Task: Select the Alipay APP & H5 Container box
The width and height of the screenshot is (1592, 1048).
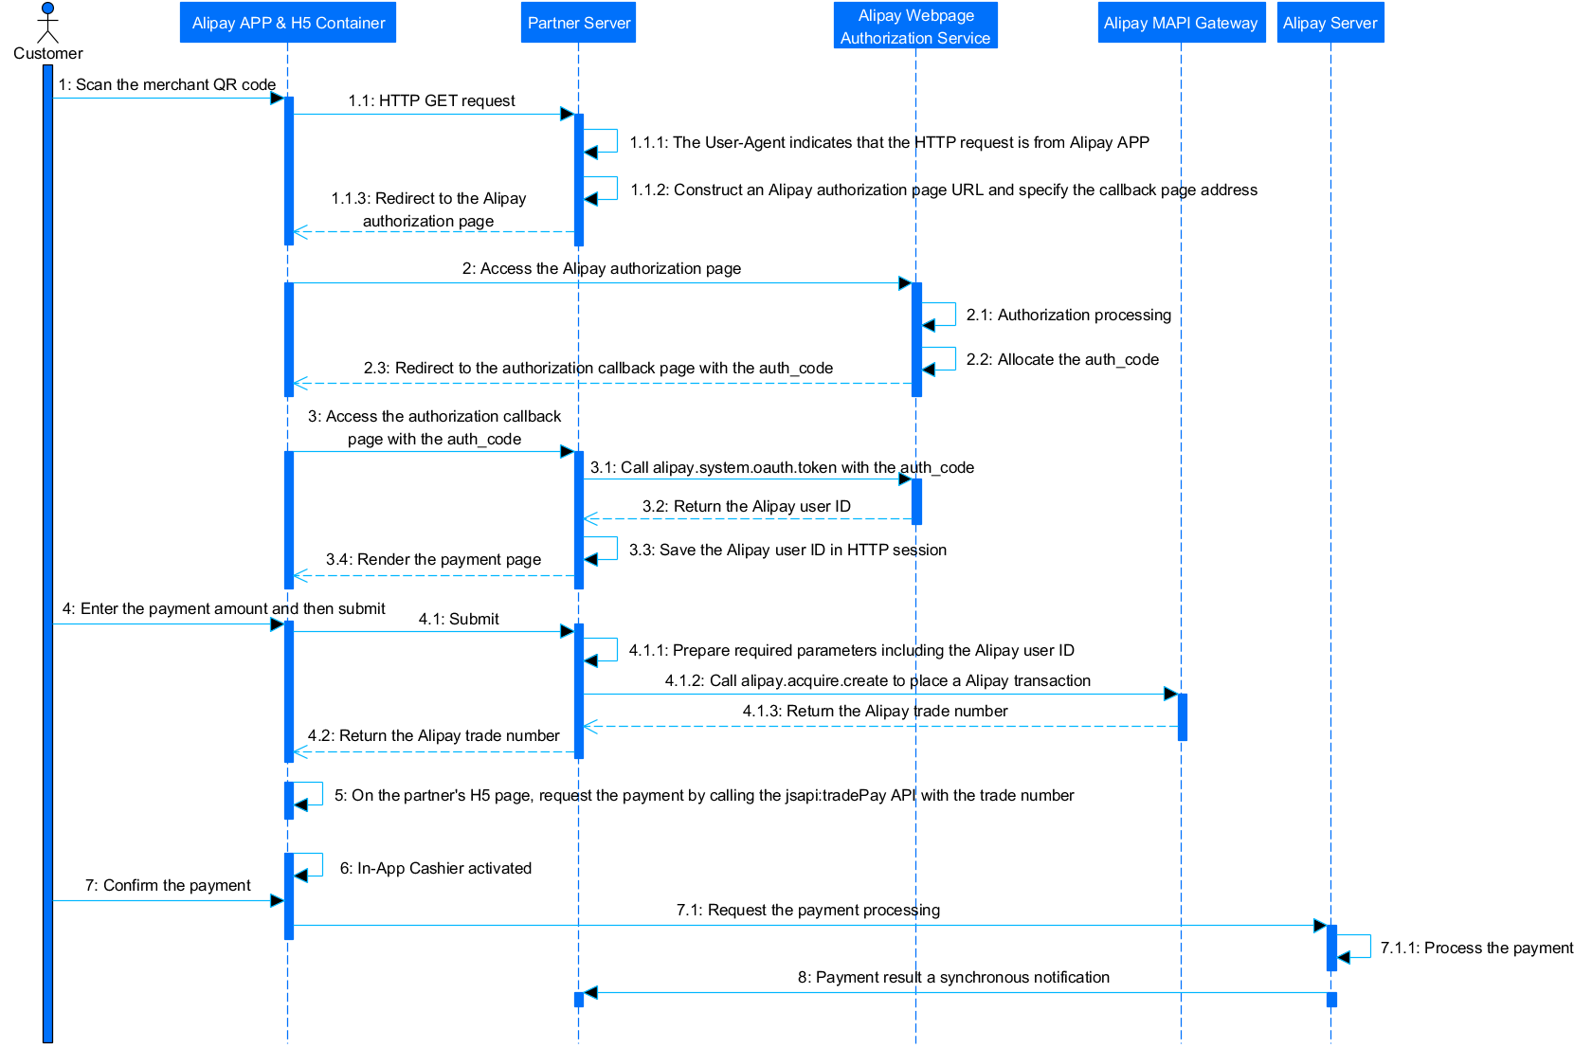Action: click(288, 23)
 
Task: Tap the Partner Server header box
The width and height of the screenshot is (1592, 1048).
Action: click(578, 23)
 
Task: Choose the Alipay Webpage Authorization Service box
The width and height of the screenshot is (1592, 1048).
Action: click(915, 27)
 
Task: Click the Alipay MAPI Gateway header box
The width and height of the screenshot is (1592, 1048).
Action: click(1181, 23)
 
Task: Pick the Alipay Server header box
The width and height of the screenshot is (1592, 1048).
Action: click(1330, 23)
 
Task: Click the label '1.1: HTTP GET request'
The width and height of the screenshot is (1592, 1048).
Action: click(431, 100)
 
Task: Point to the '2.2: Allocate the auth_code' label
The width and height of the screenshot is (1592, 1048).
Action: click(1062, 359)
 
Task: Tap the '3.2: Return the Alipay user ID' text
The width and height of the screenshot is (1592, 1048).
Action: click(747, 506)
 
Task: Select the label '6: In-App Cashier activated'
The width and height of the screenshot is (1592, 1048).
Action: click(436, 868)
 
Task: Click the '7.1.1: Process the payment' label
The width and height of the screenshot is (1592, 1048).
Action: click(1476, 948)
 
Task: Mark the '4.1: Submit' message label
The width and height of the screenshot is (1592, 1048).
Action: click(459, 619)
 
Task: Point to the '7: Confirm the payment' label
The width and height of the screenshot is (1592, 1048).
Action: click(168, 885)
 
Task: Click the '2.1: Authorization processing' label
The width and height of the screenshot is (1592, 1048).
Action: click(1069, 315)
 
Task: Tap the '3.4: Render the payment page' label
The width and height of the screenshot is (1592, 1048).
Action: click(434, 559)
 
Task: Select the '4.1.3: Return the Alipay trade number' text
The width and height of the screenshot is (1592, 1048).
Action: click(875, 711)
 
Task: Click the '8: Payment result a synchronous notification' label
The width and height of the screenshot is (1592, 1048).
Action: click(953, 977)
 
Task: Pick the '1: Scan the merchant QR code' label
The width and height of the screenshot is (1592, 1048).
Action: click(167, 84)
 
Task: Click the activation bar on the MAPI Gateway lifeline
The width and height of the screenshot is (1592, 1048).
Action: click(1182, 716)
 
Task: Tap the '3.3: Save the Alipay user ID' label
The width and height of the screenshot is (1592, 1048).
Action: click(787, 550)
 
